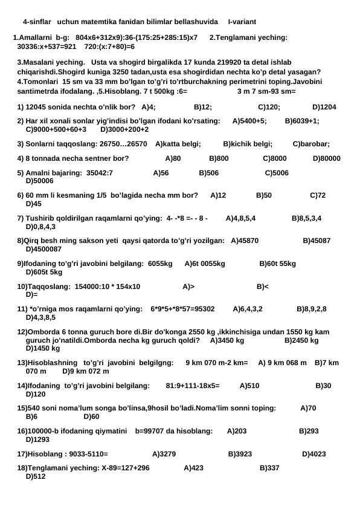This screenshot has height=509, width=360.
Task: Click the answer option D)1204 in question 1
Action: click(x=324, y=107)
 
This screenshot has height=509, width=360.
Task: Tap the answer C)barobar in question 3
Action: click(x=311, y=144)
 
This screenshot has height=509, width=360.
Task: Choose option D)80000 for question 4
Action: click(x=327, y=159)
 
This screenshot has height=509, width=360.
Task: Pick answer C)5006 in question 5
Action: click(x=277, y=173)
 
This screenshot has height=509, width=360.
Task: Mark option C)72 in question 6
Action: click(x=318, y=196)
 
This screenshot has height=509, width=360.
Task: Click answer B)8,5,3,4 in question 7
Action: click(x=307, y=218)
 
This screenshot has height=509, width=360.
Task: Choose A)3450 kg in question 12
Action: click(x=227, y=340)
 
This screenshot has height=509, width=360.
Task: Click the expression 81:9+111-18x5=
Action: click(x=192, y=385)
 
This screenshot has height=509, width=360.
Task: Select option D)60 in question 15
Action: click(x=91, y=417)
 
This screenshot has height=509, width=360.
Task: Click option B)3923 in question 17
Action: click(x=240, y=453)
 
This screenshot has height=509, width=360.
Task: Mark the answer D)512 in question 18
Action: click(x=36, y=476)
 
